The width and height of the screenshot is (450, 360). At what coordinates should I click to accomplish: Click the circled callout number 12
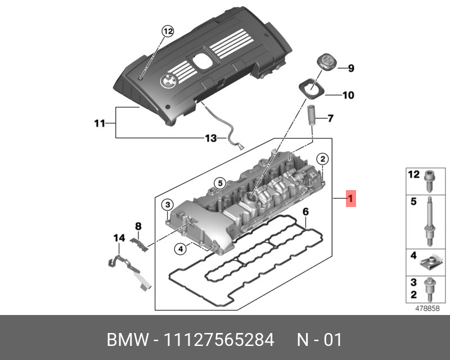[x=168, y=31]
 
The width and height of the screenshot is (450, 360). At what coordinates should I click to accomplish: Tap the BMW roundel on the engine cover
[x=168, y=80]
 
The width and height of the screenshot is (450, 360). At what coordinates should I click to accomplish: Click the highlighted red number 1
[x=350, y=198]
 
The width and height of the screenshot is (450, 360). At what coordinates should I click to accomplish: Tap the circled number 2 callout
[x=322, y=159]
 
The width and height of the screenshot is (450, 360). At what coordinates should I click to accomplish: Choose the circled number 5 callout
[x=219, y=183]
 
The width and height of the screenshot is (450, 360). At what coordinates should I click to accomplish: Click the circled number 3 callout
[x=168, y=204]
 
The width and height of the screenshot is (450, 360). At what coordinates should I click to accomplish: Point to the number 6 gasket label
[x=305, y=212]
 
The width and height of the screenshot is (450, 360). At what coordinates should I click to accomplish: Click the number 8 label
[x=138, y=226]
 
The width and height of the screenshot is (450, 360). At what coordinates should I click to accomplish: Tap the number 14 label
[x=119, y=238]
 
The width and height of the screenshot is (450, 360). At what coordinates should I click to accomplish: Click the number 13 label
[x=210, y=138]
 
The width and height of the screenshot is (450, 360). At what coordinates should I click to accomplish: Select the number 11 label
[x=100, y=123]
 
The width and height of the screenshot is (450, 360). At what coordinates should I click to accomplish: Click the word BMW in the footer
[x=125, y=340]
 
